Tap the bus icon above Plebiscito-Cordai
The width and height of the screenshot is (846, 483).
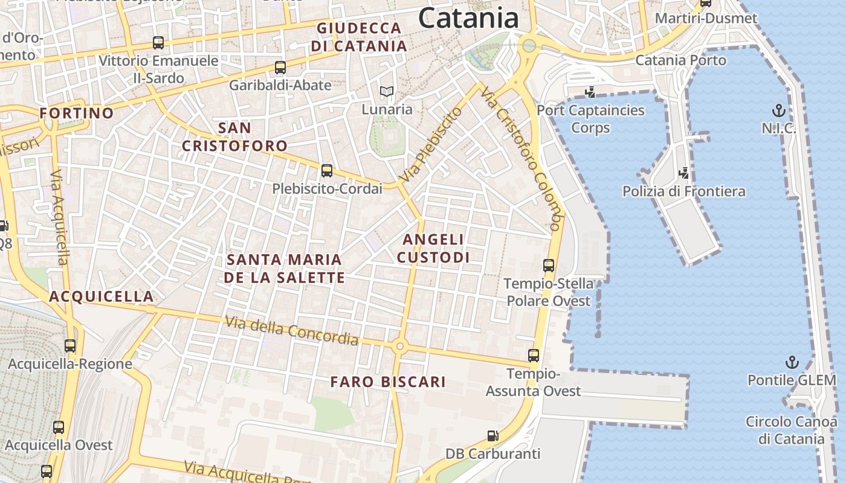point(327,171)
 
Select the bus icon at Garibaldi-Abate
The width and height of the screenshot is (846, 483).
point(280,67)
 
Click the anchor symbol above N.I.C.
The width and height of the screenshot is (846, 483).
point(779,110)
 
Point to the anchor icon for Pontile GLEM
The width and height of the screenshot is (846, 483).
point(792,362)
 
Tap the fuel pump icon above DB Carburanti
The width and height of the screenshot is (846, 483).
point(493,435)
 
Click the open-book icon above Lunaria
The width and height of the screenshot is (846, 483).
point(387,92)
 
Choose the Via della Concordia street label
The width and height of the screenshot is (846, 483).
point(292,331)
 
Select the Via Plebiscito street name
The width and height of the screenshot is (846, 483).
point(431,145)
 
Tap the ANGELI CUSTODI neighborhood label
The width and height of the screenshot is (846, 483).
point(433,248)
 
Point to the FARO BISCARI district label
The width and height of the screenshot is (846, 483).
point(388,382)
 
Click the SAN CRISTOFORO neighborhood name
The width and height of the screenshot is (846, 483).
point(234,137)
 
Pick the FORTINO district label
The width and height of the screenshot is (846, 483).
point(77,113)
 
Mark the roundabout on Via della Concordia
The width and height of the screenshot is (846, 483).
point(399,347)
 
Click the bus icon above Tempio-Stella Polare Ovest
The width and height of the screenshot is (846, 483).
point(549,265)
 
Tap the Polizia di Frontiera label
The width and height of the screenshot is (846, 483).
point(684,191)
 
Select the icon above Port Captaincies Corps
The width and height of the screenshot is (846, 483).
point(590,92)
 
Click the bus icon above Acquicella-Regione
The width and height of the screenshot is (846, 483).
point(70,346)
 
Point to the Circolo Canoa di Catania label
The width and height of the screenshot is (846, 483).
point(791,430)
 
